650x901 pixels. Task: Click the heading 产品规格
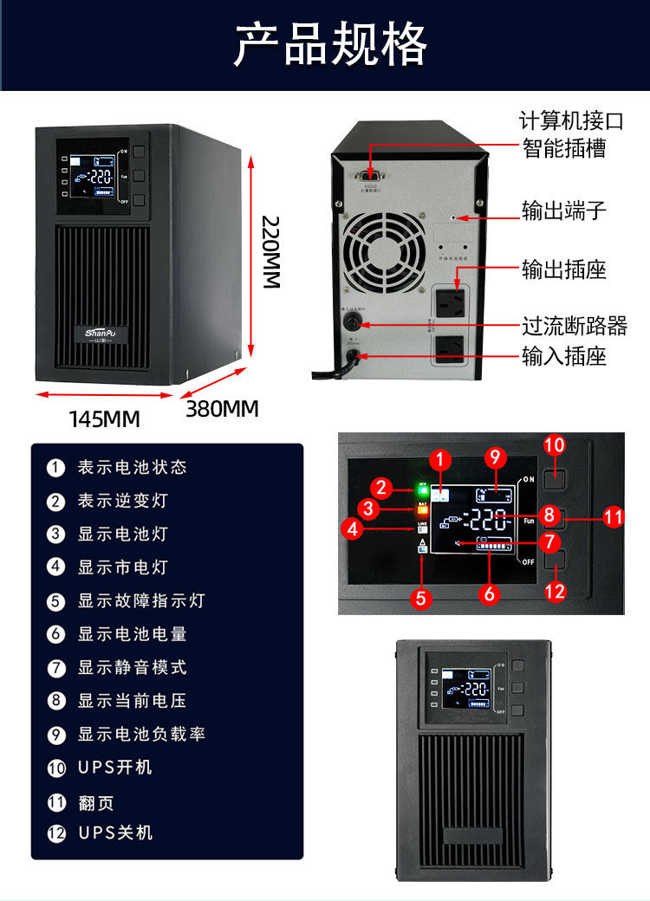(330, 45)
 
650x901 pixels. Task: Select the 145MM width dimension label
(104, 419)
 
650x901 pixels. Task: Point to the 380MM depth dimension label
(222, 409)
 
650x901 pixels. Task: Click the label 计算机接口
(571, 120)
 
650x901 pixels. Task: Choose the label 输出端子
(563, 211)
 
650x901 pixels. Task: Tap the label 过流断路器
(574, 326)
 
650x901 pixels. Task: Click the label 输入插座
(563, 355)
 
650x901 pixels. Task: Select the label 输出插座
(563, 269)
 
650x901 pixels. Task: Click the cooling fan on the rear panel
(385, 254)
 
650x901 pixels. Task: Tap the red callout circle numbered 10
(554, 445)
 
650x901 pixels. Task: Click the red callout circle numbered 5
(421, 597)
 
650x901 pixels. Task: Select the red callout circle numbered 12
(554, 592)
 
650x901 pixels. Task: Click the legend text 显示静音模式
(132, 667)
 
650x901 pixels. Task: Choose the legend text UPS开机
(114, 767)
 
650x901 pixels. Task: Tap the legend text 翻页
(95, 803)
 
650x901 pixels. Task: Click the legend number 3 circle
(56, 534)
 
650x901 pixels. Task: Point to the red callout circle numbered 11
(614, 517)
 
